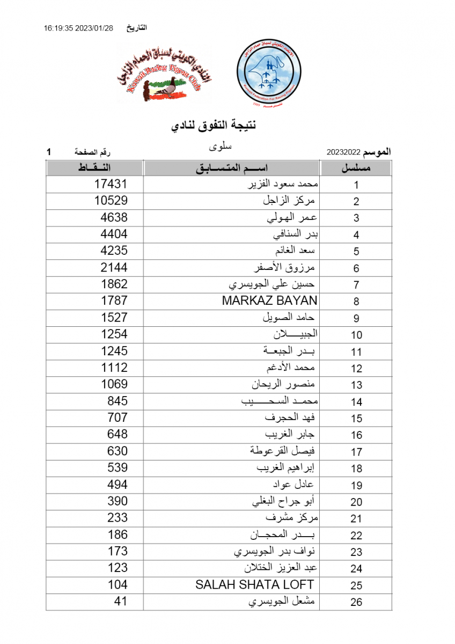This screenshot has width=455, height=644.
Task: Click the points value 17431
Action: [111, 184]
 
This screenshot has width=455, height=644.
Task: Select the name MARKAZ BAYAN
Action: [269, 301]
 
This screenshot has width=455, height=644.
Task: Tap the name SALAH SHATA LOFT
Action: [254, 584]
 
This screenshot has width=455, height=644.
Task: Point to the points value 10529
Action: [111, 201]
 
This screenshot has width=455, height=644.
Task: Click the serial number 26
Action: [356, 602]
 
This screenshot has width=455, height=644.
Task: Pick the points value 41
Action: [121, 601]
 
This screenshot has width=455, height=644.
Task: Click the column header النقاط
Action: [94, 168]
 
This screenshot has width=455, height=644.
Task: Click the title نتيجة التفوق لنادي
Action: [213, 126]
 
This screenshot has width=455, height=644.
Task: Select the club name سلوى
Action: [219, 146]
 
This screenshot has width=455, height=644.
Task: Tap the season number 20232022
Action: [343, 153]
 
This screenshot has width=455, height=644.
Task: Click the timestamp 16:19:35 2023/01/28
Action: [78, 28]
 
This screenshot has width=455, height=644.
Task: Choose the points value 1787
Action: [114, 301]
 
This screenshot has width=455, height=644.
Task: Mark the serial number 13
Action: [356, 385]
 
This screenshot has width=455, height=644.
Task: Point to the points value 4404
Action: [114, 234]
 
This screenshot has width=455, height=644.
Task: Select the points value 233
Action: [118, 518]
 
